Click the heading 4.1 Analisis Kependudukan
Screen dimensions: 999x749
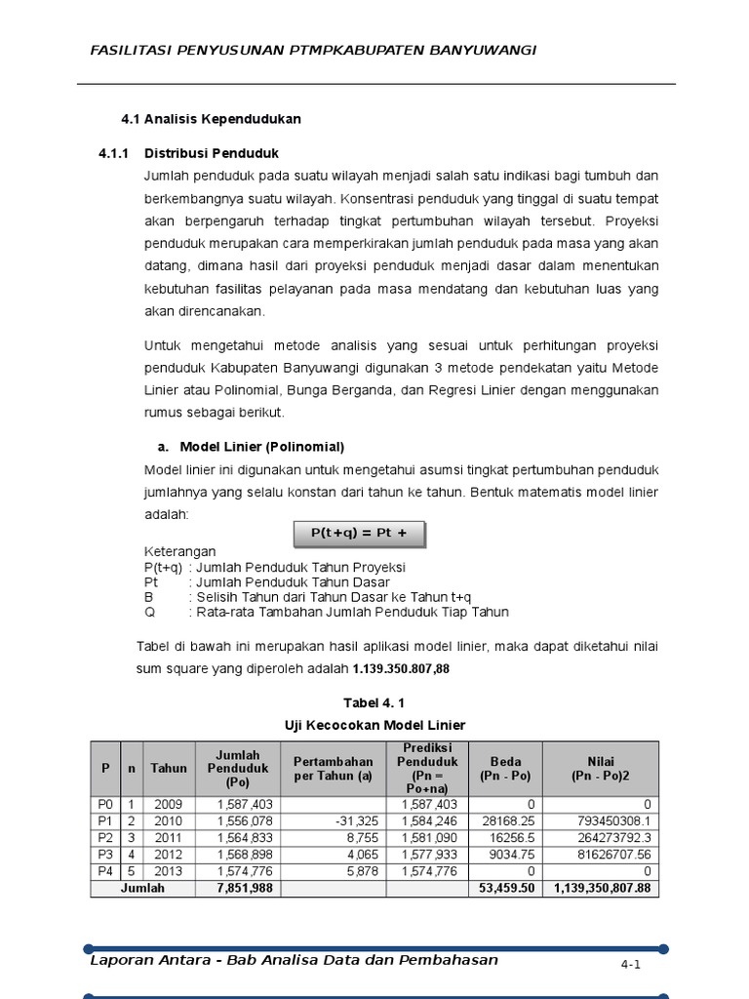[x=211, y=119]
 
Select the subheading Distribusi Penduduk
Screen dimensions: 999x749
[x=212, y=154]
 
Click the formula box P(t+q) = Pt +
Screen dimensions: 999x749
[x=359, y=534]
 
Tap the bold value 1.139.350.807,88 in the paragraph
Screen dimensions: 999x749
[x=401, y=669]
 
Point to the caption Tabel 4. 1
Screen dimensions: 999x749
[x=374, y=702]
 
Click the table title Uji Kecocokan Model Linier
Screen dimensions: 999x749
[x=374, y=725]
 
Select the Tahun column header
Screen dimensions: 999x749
[x=169, y=768]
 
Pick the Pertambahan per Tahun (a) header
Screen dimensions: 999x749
[x=334, y=768]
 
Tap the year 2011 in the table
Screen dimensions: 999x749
[x=169, y=837]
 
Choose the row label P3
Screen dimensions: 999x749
[x=105, y=854]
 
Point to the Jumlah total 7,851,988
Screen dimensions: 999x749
[x=237, y=889]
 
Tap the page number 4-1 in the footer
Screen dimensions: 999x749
[x=630, y=965]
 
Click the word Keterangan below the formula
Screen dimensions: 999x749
[x=180, y=551]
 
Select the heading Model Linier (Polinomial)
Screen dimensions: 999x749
[x=261, y=447]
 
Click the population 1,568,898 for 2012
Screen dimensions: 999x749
[x=237, y=854]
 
